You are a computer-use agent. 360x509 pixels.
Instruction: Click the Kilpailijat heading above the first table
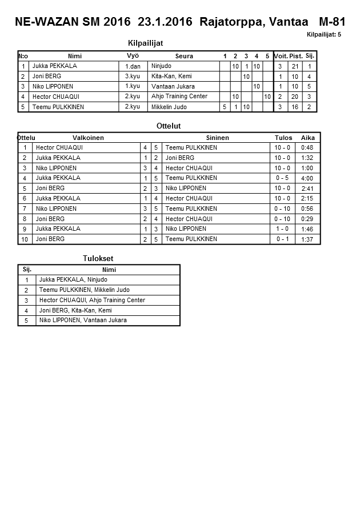point(147,43)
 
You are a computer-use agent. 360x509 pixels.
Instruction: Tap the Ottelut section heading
point(168,126)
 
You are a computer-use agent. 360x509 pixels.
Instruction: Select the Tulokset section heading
point(98,259)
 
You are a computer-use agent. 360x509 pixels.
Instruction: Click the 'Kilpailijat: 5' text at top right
point(323,35)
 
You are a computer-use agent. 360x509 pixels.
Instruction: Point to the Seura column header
point(184,56)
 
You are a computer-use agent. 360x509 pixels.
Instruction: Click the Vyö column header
point(133,55)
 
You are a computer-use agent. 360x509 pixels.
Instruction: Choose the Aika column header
point(308,138)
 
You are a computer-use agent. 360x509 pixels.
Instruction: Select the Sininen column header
point(217,138)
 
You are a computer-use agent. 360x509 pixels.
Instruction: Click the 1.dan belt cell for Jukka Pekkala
point(133,66)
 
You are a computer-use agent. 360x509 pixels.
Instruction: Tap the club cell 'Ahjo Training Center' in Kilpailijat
point(179,97)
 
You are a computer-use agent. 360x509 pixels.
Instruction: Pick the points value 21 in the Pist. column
point(295,66)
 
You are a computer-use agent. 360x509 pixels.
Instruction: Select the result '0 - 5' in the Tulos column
point(282,178)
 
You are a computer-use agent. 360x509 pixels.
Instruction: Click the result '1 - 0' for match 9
point(282,229)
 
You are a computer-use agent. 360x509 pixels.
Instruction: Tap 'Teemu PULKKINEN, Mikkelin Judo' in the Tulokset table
point(84,290)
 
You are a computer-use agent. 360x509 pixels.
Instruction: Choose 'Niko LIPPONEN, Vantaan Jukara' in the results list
point(83,320)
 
